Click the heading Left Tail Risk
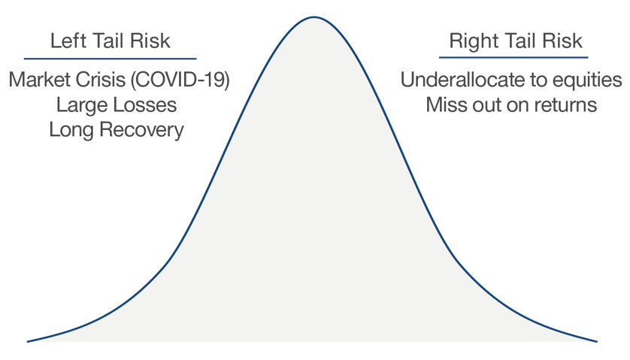click(111, 41)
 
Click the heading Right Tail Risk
click(516, 41)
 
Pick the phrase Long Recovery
click(117, 129)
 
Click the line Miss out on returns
click(511, 104)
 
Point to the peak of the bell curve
click(314, 17)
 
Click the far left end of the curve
click(29, 341)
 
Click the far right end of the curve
click(596, 341)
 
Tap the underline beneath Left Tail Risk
click(111, 59)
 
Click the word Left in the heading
click(65, 41)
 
